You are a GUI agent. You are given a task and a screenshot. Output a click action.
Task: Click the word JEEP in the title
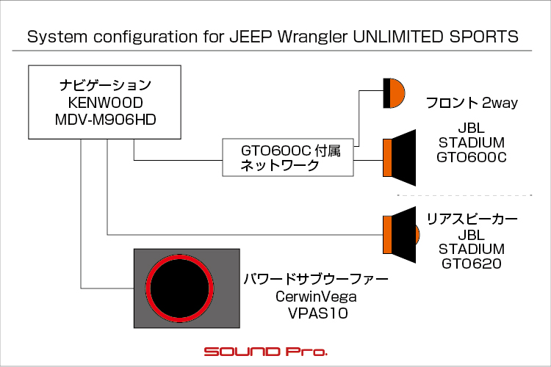coord(251,37)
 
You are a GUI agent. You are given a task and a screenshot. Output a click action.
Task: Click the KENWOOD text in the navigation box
coord(105,103)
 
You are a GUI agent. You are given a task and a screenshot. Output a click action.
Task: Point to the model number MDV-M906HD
coord(105,120)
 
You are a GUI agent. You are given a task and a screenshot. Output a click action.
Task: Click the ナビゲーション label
coord(105,85)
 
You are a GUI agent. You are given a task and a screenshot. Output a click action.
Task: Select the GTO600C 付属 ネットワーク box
coord(288,157)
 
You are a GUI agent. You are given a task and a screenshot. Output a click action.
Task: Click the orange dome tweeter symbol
coord(394,93)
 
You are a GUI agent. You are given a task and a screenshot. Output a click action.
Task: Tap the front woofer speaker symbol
coord(399,158)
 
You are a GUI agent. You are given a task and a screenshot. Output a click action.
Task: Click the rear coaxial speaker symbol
coord(400,235)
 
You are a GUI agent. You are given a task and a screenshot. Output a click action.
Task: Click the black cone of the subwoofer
coord(179,288)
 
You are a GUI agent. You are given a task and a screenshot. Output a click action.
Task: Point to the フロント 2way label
coord(472,103)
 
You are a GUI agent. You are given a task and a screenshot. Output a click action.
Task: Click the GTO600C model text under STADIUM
coord(472,157)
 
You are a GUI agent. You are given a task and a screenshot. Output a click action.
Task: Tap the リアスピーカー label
coord(472,219)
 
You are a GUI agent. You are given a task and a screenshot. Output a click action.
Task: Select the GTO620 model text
coord(472,264)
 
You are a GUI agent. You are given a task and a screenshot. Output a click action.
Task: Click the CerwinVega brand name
coord(316,297)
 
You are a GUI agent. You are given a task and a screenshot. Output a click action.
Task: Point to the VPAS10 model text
coord(318,313)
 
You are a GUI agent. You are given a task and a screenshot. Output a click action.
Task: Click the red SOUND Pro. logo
coord(266,352)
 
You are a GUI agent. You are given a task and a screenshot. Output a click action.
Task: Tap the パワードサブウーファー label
coord(316,280)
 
